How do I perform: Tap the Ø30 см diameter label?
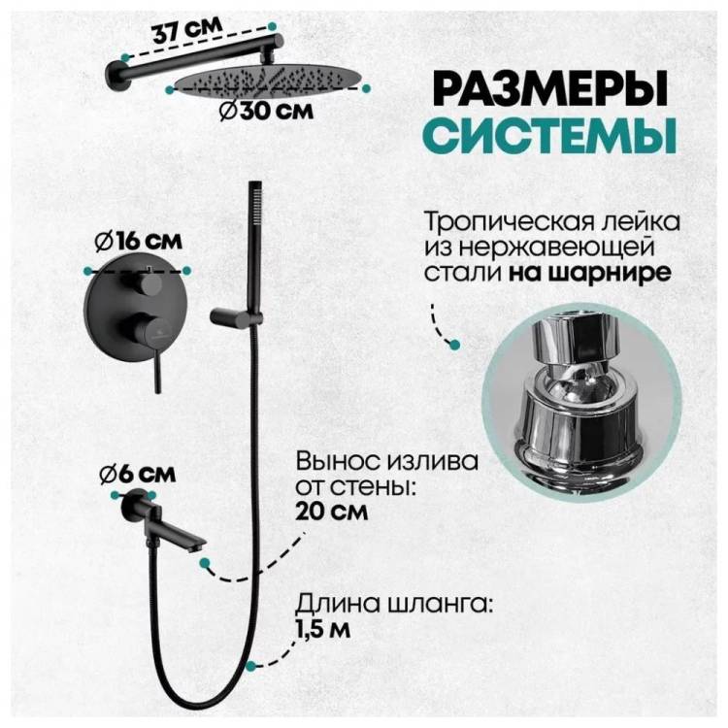(267, 111)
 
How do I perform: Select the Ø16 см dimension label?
(138, 242)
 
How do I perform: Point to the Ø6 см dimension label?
(138, 474)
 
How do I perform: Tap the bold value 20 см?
(332, 512)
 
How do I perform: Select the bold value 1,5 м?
(323, 629)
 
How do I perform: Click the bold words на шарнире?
(589, 273)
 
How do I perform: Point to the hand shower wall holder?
(236, 315)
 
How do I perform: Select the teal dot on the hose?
(251, 666)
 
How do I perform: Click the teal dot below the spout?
(203, 563)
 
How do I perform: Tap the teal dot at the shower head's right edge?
(367, 88)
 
